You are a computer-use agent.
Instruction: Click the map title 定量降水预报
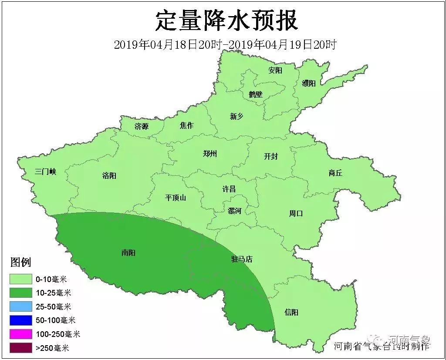[226, 21]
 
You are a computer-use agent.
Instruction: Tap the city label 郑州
[210, 154]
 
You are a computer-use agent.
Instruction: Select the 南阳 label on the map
[128, 252]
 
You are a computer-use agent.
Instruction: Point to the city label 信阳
[291, 313]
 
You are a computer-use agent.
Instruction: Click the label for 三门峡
[46, 172]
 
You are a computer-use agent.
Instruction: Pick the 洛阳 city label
[109, 176]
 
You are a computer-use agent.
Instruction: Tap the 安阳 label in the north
[275, 70]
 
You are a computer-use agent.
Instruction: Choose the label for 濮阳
[308, 83]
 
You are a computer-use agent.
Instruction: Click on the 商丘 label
[335, 173]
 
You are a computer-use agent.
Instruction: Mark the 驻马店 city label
[242, 259]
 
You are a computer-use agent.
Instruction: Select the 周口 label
[296, 213]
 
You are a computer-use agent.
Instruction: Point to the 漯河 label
[234, 211]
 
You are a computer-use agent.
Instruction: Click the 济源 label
[142, 127]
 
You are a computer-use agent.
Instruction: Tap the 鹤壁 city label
[256, 94]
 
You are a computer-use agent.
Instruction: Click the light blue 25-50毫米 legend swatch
[21, 306]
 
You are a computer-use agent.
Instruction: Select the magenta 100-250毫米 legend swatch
[21, 334]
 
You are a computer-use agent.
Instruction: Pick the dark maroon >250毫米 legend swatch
[21, 348]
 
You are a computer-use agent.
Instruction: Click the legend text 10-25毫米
[53, 293]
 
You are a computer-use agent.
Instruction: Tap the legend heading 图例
[20, 262]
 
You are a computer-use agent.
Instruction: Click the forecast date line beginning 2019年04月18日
[225, 44]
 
